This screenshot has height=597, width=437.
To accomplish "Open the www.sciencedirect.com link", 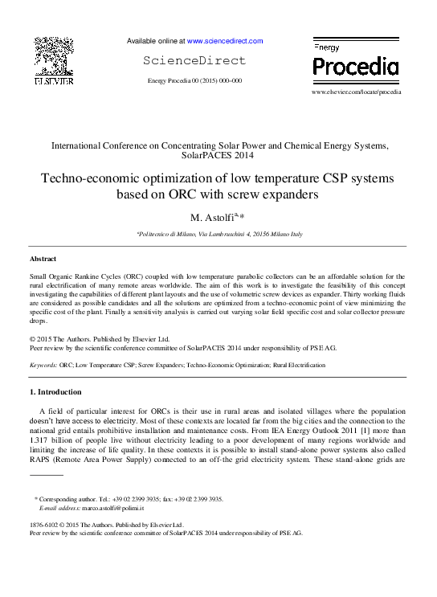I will point(225,41).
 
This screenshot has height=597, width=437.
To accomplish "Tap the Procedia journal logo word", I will point(354,66).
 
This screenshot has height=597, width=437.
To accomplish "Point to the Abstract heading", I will point(43,260).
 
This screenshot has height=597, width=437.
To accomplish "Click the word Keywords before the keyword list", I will point(43,365).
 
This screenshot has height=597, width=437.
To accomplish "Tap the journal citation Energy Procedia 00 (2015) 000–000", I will point(195,81).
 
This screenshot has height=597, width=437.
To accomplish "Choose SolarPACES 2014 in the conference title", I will point(218,156).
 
